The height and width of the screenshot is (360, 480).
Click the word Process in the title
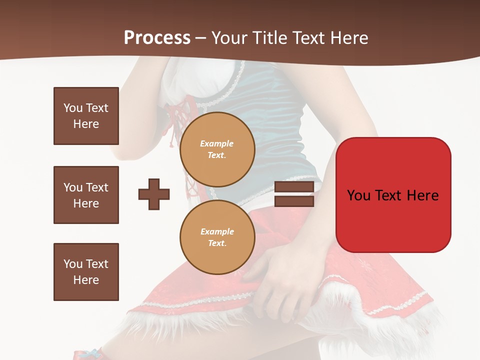(157, 38)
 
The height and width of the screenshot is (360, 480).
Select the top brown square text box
(86, 116)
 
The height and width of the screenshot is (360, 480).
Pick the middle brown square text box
(86, 195)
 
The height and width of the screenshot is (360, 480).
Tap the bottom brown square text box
(86, 272)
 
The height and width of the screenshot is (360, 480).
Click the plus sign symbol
(154, 194)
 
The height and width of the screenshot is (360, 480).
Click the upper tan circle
(217, 149)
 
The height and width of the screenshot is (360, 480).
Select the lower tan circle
(217, 237)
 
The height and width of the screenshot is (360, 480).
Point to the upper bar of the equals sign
(294, 186)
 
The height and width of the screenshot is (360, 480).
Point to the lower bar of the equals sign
(294, 201)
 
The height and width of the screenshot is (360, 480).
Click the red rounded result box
(393, 195)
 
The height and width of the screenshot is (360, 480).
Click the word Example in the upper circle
(216, 143)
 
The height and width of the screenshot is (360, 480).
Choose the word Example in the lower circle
(217, 231)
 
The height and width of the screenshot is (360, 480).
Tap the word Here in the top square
(86, 124)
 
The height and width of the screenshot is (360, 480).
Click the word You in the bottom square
(72, 264)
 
